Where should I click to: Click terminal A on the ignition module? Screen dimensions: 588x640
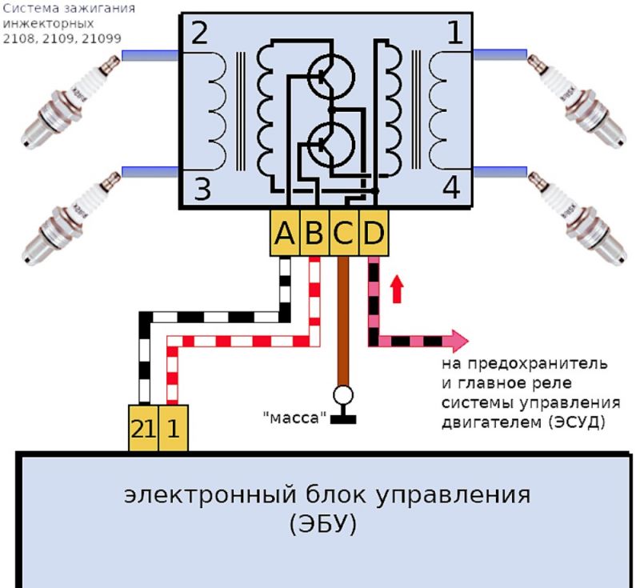click(x=285, y=234)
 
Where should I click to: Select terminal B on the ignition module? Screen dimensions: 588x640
click(x=314, y=234)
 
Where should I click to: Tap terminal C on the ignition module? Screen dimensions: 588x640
click(x=344, y=234)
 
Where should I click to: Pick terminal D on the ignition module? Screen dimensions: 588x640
click(x=374, y=234)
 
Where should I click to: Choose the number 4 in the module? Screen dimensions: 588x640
click(x=452, y=190)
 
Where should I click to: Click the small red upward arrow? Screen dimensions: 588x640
click(x=396, y=289)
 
